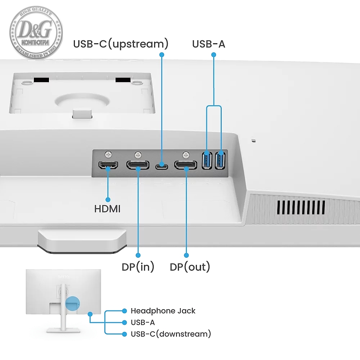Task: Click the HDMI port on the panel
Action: click(x=108, y=165)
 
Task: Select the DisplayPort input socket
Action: click(x=138, y=165)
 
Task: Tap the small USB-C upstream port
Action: click(x=162, y=166)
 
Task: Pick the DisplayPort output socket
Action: click(x=186, y=165)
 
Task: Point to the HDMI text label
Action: click(x=107, y=208)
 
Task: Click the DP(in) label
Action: click(x=138, y=267)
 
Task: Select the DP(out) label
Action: click(x=190, y=267)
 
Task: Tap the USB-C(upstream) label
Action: click(x=121, y=44)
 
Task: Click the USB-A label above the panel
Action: click(x=208, y=44)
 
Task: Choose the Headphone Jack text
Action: click(x=163, y=311)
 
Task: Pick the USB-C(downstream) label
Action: click(x=171, y=334)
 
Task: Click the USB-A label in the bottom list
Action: click(x=143, y=322)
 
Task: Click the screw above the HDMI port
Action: click(x=109, y=154)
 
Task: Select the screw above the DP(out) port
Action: click(x=186, y=155)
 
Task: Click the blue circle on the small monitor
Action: click(x=72, y=303)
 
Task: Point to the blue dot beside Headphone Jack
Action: click(x=125, y=311)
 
